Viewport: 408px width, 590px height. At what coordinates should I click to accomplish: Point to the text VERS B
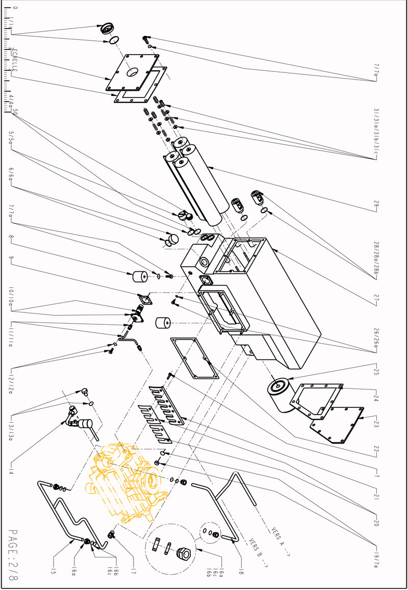pyautogui.click(x=258, y=554)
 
